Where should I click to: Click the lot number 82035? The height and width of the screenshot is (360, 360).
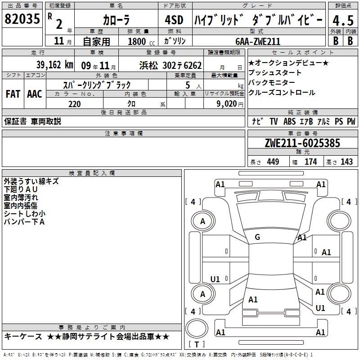[22, 18]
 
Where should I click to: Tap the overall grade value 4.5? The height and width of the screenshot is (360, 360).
[343, 20]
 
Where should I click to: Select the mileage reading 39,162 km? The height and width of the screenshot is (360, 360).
[54, 65]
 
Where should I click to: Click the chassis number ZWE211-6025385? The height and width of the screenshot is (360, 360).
[302, 143]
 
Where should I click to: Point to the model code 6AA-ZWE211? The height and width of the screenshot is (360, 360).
[258, 41]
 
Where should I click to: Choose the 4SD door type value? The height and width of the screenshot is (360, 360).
[174, 20]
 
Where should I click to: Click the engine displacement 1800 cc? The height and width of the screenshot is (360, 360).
[141, 41]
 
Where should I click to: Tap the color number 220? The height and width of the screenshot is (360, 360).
[74, 104]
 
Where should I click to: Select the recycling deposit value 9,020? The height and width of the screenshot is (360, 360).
[227, 103]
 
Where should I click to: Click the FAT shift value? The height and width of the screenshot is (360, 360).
[13, 94]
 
